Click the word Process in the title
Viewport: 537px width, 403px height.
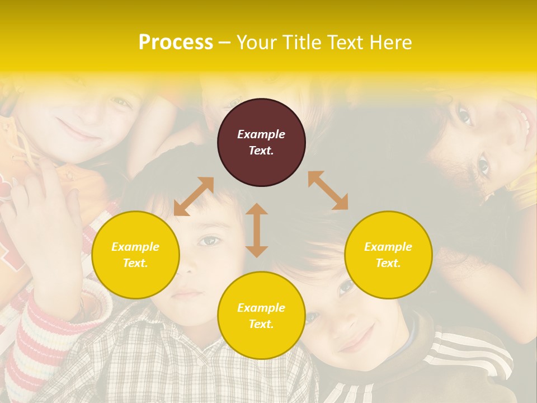coord(176,43)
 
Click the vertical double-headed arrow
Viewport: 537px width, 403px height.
coord(257,230)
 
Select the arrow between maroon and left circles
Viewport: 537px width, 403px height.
coord(194,196)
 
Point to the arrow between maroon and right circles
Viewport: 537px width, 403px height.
coord(328,190)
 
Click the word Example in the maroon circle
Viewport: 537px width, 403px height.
coord(261,134)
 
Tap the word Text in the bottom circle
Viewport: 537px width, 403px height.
coord(260,324)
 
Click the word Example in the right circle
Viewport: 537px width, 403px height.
coord(388,247)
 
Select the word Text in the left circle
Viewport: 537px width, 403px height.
coord(134,263)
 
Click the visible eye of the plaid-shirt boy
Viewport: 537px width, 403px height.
coord(210,241)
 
